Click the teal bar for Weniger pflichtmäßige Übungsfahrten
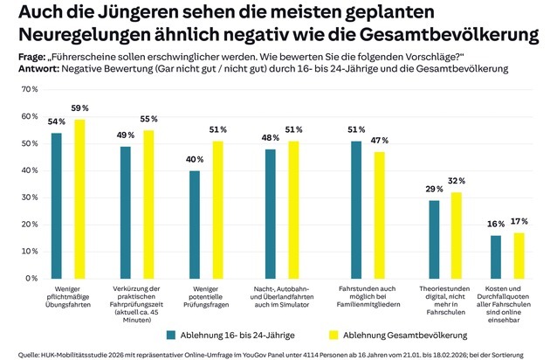57,205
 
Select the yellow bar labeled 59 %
79,198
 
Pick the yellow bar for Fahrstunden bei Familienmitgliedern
379,215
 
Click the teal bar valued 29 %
434,239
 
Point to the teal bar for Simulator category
271,213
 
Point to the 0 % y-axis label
30,278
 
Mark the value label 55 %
149,119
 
